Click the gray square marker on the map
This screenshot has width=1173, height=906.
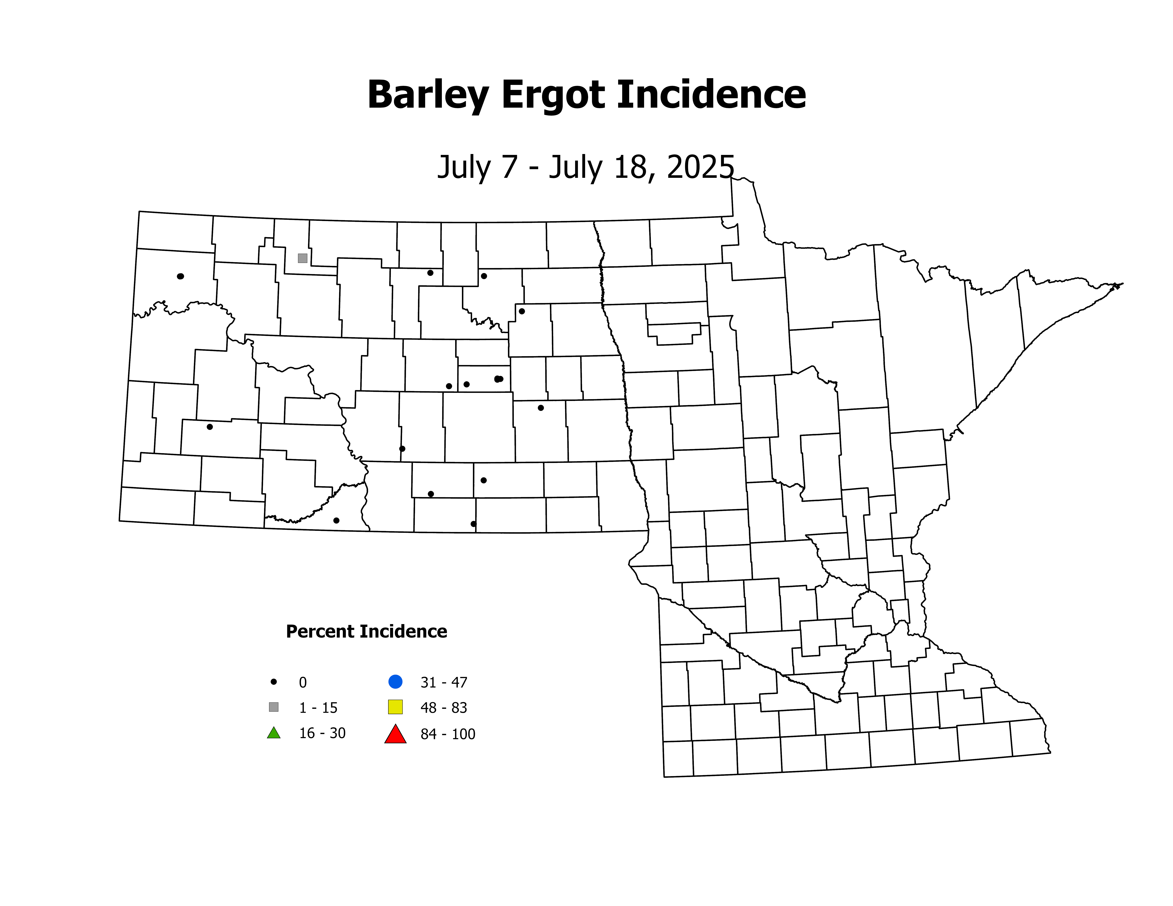tap(302, 258)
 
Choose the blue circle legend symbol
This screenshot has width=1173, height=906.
tap(395, 682)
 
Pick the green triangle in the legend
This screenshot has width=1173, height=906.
tap(274, 733)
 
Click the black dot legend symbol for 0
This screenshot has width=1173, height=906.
tap(274, 682)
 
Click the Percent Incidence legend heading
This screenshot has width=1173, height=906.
tap(366, 631)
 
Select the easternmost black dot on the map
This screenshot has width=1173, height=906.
tap(541, 408)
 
